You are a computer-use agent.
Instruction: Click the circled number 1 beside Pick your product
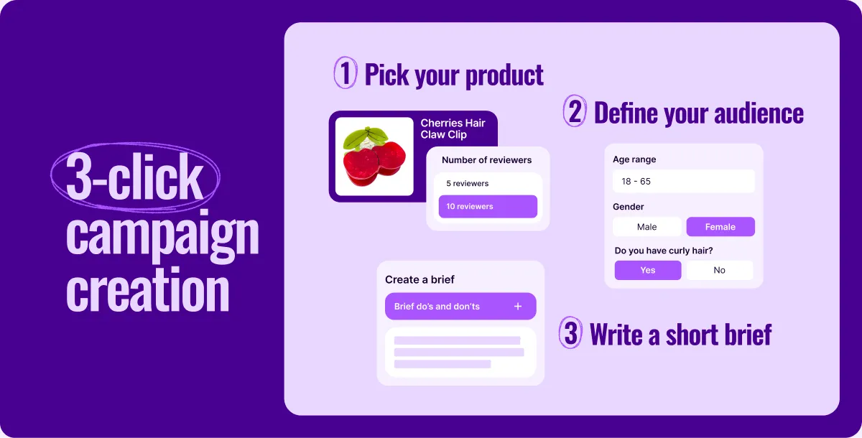346,73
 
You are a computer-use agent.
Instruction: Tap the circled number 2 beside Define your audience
575,111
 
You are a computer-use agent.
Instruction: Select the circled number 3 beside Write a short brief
570,332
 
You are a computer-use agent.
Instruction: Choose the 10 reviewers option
488,207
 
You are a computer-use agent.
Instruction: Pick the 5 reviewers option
488,183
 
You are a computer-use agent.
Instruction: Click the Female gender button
720,227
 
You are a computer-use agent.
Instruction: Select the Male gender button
647,227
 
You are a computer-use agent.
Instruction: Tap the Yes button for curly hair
648,270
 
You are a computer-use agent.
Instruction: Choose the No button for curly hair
719,270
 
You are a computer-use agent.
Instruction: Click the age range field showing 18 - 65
684,181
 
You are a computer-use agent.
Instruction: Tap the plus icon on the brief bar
518,306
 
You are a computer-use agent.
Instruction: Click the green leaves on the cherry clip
364,137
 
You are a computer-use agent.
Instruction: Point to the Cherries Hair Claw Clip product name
453,129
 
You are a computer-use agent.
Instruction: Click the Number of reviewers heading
486,160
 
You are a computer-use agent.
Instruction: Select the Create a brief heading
420,279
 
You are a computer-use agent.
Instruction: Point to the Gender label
628,207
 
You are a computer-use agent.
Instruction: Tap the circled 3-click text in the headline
134,177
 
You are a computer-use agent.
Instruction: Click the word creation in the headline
148,289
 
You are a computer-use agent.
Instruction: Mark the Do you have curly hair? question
664,251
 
